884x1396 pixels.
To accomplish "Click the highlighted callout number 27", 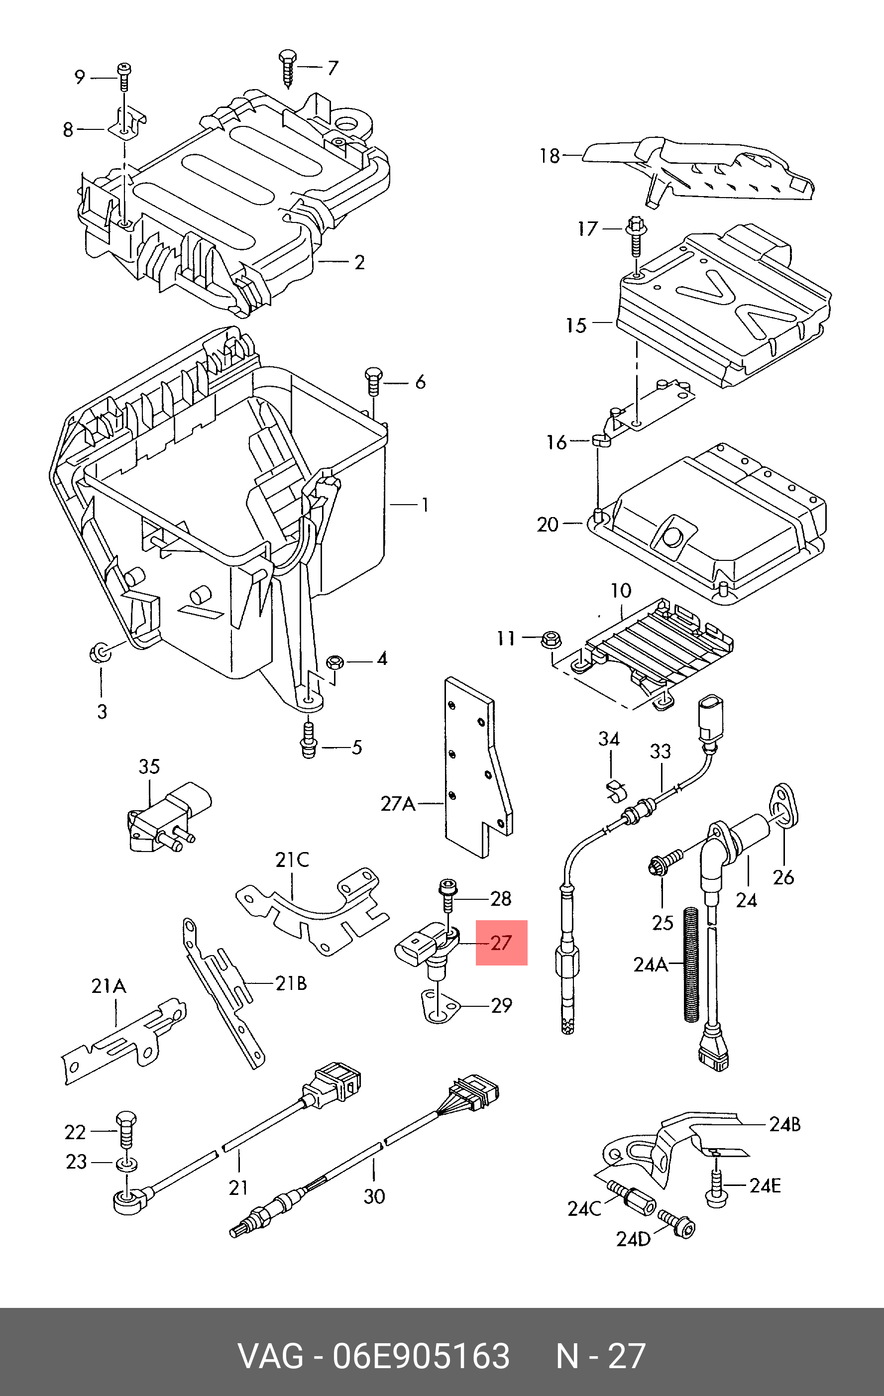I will click(x=501, y=943).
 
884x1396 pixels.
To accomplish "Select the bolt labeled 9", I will click(x=124, y=77).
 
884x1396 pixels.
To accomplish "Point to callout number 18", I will click(x=550, y=156).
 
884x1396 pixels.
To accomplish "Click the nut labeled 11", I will click(x=550, y=640).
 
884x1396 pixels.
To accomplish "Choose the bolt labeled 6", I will click(x=373, y=380).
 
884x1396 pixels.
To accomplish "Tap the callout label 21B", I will click(x=290, y=983).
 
